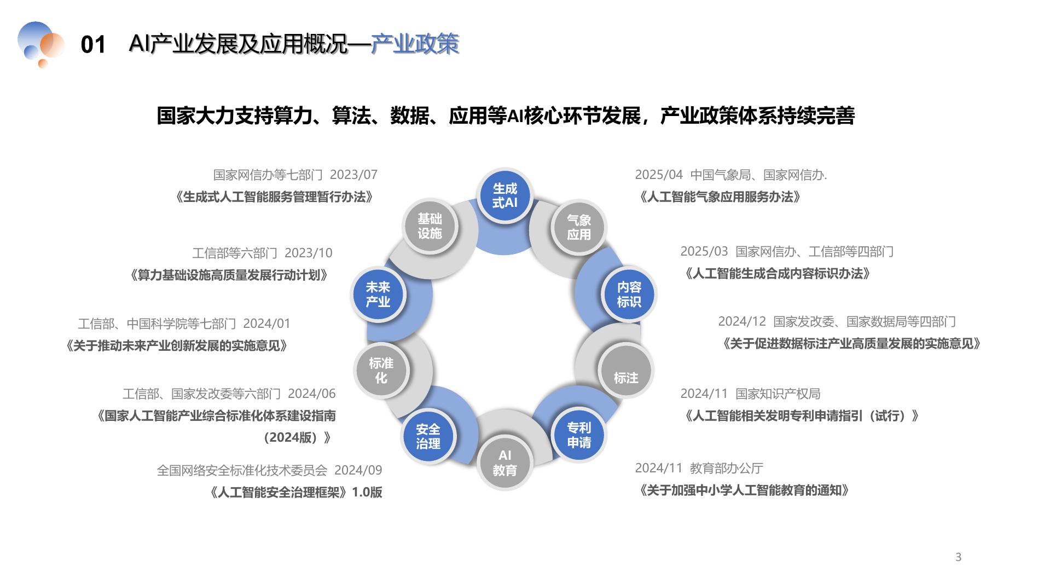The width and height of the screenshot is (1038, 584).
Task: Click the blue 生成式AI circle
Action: [x=504, y=195]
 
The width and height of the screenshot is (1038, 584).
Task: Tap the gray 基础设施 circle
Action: [x=430, y=226]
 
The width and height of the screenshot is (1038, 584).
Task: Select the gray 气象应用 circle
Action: [x=578, y=227]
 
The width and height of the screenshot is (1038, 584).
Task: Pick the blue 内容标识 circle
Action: [x=629, y=294]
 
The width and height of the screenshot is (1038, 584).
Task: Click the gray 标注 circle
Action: [x=625, y=372]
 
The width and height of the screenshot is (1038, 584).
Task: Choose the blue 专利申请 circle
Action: [x=578, y=435]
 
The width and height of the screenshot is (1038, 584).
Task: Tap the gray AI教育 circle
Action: [x=504, y=462]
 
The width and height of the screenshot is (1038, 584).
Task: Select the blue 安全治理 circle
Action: [x=428, y=436]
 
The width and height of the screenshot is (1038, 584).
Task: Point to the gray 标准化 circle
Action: [x=381, y=371]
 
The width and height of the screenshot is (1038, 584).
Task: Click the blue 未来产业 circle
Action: [x=378, y=294]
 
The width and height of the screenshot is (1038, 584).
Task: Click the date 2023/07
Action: [x=353, y=175]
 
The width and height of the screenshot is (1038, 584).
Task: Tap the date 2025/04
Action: [x=659, y=175]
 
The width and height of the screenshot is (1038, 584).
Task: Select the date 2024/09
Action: [x=358, y=470]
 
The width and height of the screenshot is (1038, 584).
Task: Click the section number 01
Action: [x=92, y=45]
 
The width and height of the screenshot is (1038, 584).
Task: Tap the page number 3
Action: [x=958, y=557]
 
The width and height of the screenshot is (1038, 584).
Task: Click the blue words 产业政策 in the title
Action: [x=415, y=44]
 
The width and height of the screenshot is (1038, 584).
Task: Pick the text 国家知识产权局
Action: [x=778, y=394]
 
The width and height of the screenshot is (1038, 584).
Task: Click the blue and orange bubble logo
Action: [x=40, y=44]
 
